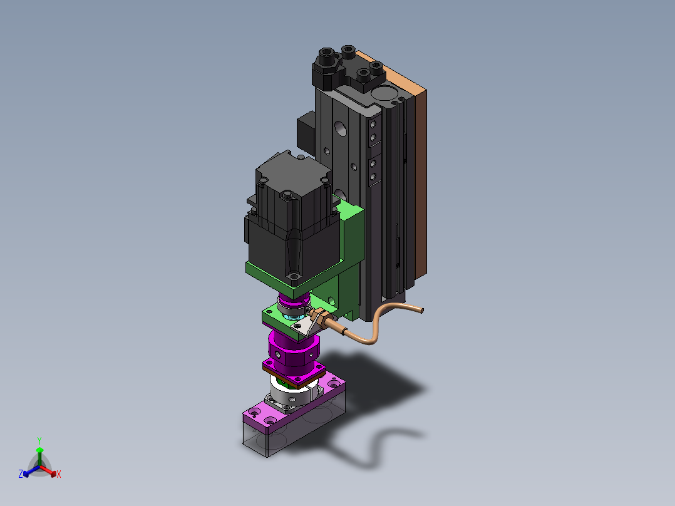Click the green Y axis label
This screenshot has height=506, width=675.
(39, 440)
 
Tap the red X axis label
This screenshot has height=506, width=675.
(59, 474)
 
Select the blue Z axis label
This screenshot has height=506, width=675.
(21, 473)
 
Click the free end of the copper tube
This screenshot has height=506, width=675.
(422, 310)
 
